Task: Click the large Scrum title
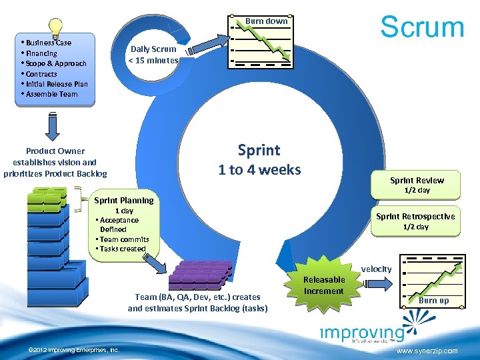click(x=421, y=27)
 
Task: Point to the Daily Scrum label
click(x=153, y=54)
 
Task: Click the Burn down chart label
click(x=266, y=21)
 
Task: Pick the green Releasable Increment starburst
click(x=324, y=285)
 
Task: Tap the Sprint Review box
click(x=417, y=185)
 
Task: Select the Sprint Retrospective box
click(x=415, y=221)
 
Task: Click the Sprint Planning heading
click(x=124, y=200)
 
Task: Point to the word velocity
click(x=377, y=269)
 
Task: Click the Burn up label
click(x=433, y=301)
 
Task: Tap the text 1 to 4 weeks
click(x=259, y=170)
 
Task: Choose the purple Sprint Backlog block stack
click(x=201, y=274)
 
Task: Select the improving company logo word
click(x=362, y=333)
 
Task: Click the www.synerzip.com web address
click(x=427, y=351)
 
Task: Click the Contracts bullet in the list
click(x=41, y=74)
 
